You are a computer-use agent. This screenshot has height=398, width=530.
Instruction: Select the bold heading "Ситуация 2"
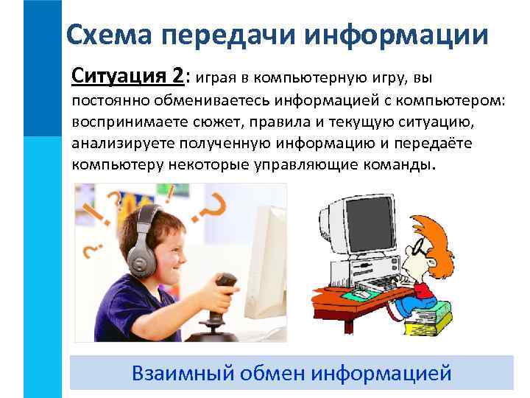point(130,77)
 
